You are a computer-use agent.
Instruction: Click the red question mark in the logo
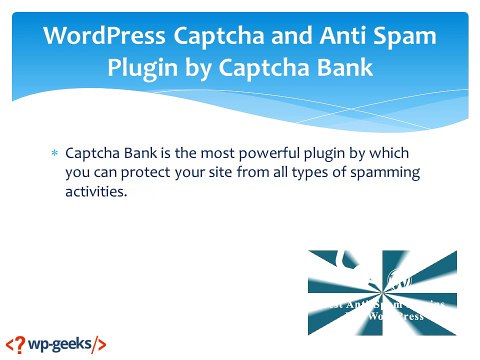pyautogui.click(x=12, y=343)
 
